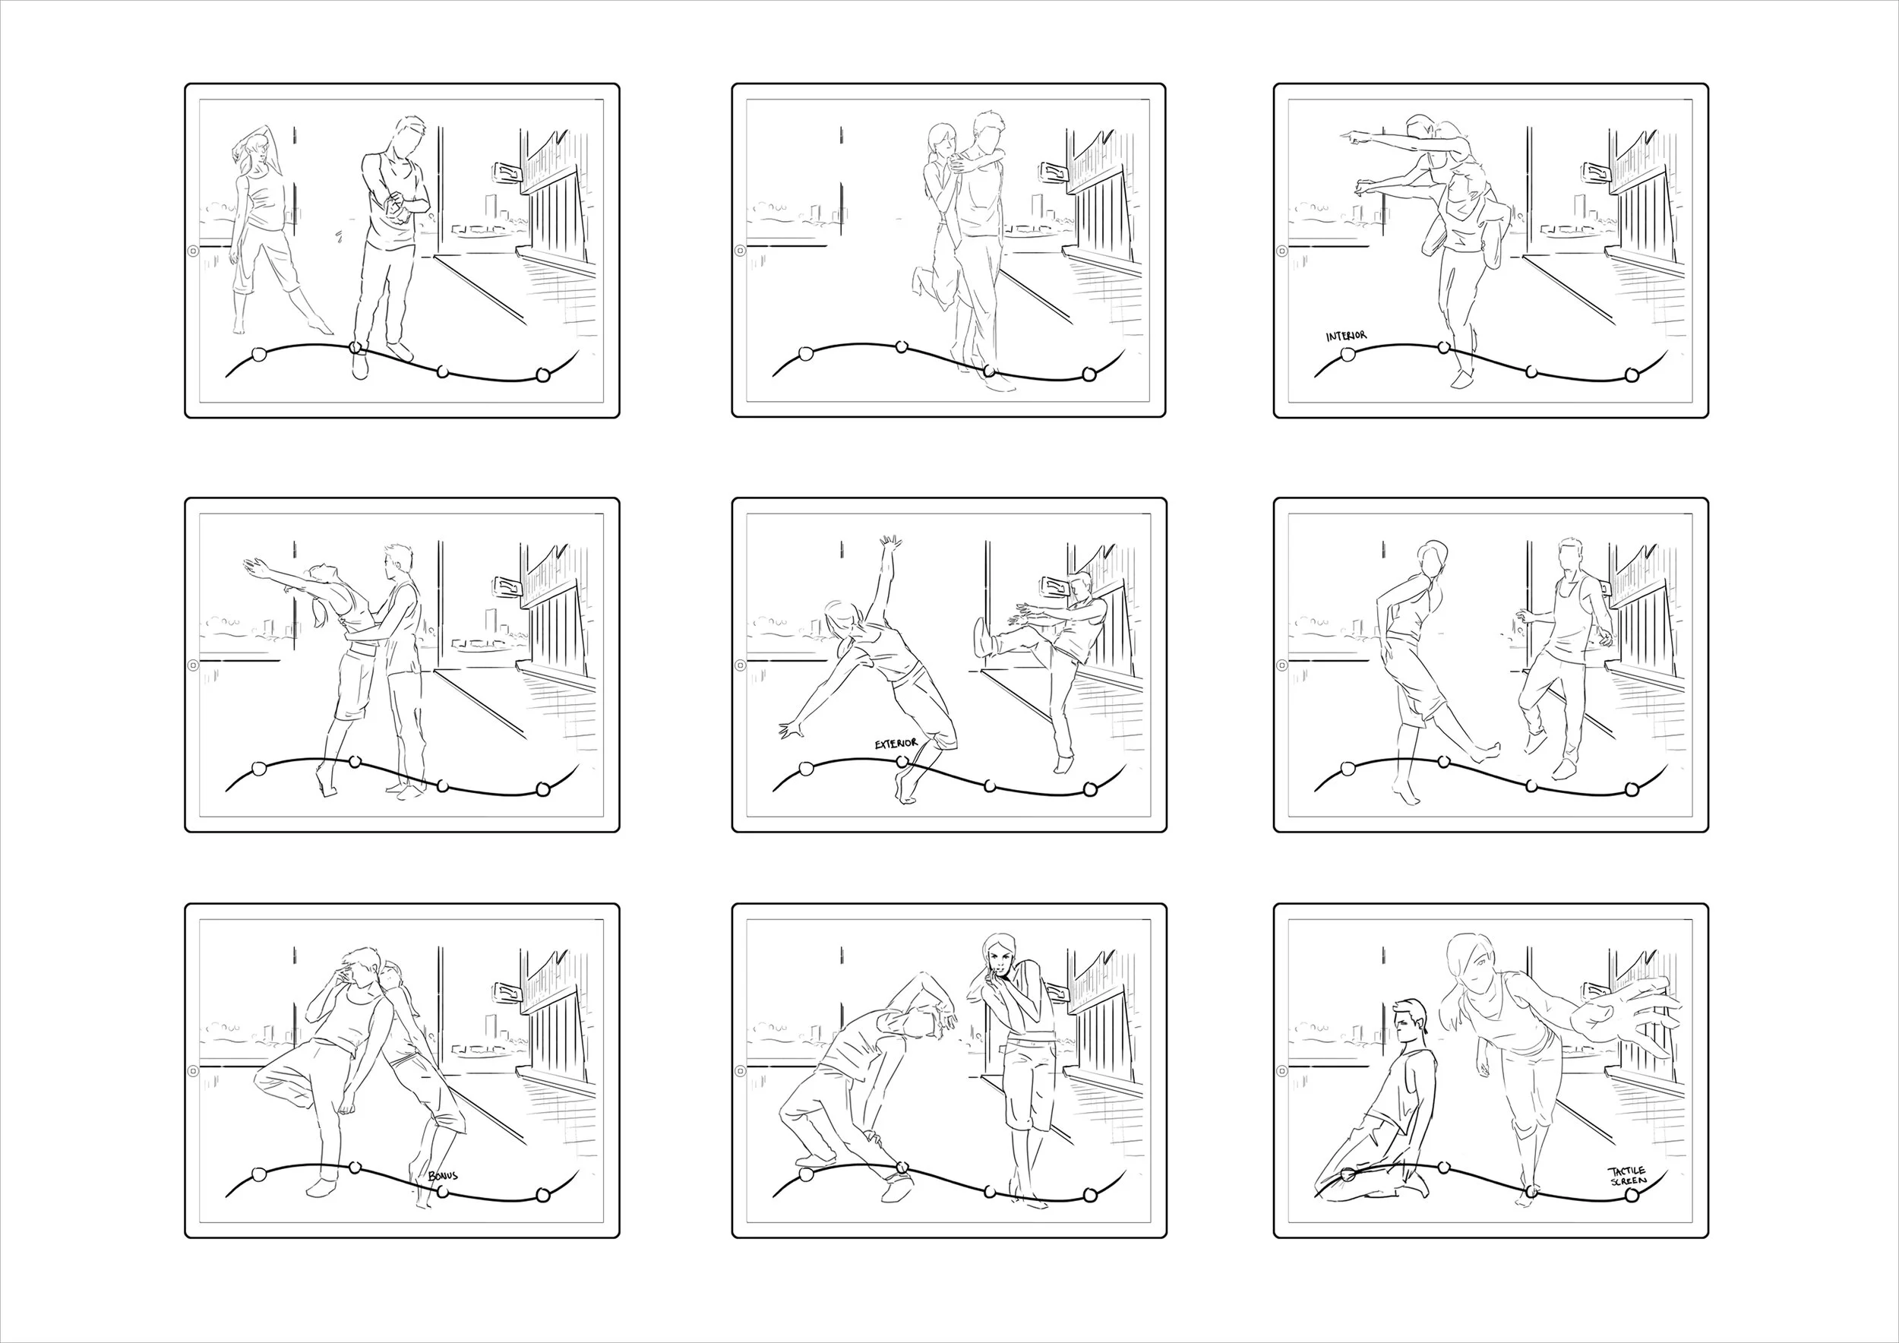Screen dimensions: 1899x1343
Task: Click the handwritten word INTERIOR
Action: pyautogui.click(x=1347, y=337)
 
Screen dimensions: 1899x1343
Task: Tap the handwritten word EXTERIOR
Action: pyautogui.click(x=896, y=744)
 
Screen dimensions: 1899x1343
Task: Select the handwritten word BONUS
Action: pyautogui.click(x=443, y=1175)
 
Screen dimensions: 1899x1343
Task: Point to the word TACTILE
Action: pyautogui.click(x=1626, y=1171)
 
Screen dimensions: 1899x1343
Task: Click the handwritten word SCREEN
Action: pyautogui.click(x=1629, y=1181)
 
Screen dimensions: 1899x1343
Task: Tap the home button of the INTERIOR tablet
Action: pyautogui.click(x=1283, y=251)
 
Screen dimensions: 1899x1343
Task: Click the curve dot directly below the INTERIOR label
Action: pyautogui.click(x=1348, y=354)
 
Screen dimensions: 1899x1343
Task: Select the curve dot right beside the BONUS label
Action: pyautogui.click(x=444, y=1192)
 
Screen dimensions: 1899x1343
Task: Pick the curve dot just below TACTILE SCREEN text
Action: pyautogui.click(x=1632, y=1196)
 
